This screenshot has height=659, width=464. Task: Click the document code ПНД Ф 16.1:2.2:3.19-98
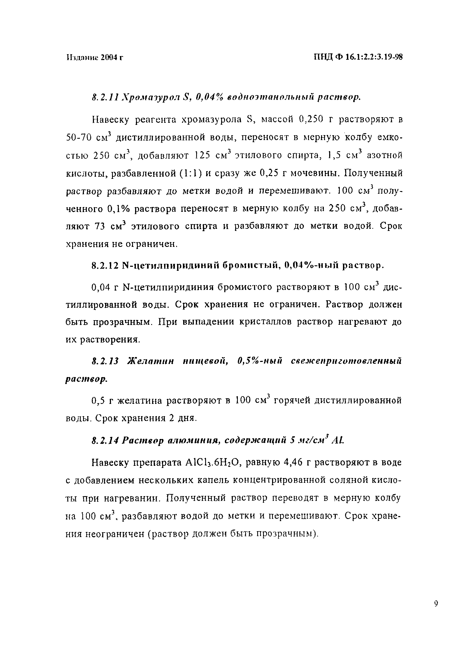(x=358, y=57)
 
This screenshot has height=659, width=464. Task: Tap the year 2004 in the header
(x=109, y=57)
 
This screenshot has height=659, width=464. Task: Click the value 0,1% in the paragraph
(x=118, y=209)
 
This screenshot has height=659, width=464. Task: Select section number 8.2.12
(x=105, y=266)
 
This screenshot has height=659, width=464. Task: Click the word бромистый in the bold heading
(x=252, y=266)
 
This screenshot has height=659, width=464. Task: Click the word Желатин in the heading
(x=151, y=361)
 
